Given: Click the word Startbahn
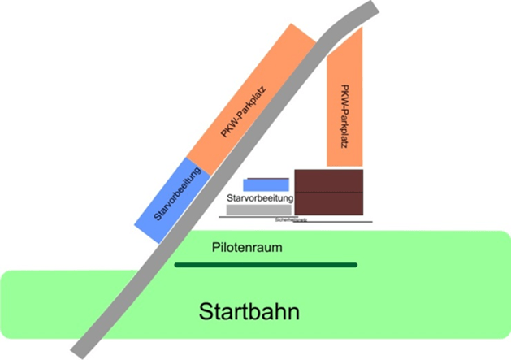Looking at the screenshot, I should click(250, 312).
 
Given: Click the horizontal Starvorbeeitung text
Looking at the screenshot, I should click(260, 198).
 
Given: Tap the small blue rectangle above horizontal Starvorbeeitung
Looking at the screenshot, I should click(266, 184).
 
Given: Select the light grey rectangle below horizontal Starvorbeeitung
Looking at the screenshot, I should click(258, 210).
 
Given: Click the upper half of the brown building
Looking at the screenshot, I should click(328, 180).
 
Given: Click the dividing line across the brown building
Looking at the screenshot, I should click(328, 192).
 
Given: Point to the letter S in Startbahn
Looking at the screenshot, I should click(206, 312).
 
